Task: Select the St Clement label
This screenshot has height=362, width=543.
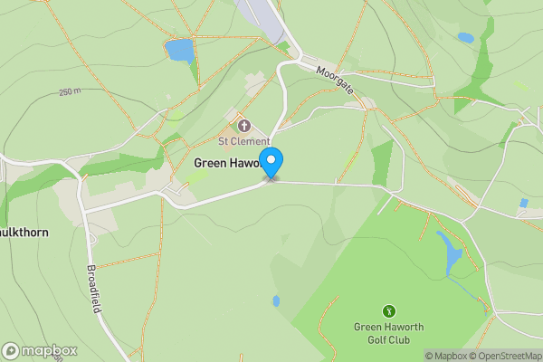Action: (x=243, y=141)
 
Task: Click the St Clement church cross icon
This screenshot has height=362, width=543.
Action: (x=243, y=126)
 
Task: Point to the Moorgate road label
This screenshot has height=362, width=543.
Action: (x=336, y=81)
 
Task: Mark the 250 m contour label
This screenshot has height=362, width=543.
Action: (x=70, y=92)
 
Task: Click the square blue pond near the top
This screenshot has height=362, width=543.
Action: (x=179, y=50)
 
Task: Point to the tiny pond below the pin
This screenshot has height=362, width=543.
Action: (x=276, y=300)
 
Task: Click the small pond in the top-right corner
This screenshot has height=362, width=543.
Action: (x=465, y=38)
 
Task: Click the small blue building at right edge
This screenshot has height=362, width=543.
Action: (x=524, y=204)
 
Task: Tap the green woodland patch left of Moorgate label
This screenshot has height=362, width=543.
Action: (x=284, y=46)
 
